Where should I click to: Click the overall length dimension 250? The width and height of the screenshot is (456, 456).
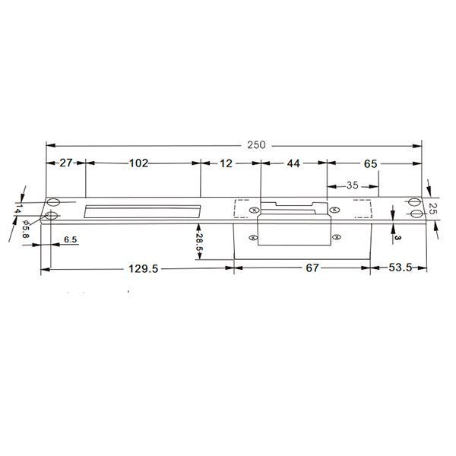tap(257, 145)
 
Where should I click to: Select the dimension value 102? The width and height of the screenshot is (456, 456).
tap(139, 163)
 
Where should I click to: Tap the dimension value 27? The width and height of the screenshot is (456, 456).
tap(65, 163)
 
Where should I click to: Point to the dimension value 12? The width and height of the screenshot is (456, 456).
tap(226, 163)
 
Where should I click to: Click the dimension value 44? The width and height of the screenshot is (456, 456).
tap(293, 163)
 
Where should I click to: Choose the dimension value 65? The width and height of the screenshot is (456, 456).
tap(371, 163)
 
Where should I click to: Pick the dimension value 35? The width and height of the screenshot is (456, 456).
tap(352, 185)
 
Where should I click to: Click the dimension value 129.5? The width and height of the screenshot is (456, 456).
tap(144, 269)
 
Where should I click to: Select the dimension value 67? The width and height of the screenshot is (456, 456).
tap(312, 268)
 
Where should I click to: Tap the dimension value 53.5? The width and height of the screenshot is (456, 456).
tap(401, 268)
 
